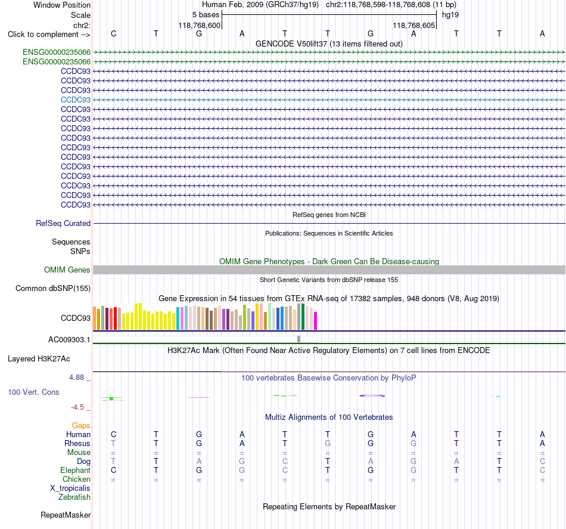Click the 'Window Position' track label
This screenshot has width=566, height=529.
coord(62,5)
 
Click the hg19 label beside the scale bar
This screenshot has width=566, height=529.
coord(450,15)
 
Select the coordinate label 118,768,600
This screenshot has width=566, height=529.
coord(199,25)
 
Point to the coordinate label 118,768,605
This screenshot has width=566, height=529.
coord(413,25)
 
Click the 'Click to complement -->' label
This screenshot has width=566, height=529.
coord(49,35)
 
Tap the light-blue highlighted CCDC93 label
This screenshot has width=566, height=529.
coord(76,100)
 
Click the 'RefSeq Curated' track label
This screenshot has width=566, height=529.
coord(63,223)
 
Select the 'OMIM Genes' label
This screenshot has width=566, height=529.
coord(67,270)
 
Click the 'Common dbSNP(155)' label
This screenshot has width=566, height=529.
coord(53,288)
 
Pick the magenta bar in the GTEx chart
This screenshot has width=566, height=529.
coord(316,321)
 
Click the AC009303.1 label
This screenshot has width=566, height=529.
coord(69,340)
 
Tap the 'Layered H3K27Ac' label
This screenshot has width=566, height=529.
coord(39,359)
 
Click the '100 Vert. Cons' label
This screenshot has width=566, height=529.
coord(33,392)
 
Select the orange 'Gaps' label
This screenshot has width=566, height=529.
coord(81,426)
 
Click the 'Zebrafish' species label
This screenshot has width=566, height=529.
coord(74,497)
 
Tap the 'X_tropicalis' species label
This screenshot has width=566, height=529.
coord(70,488)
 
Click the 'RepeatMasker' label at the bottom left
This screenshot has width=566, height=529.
coord(66,515)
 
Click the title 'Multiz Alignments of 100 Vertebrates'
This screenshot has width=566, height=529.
coord(329,417)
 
